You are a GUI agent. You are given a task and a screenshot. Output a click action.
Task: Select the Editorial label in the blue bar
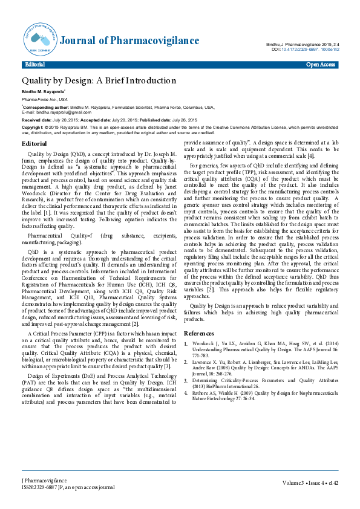pyautogui.click(x=34, y=64)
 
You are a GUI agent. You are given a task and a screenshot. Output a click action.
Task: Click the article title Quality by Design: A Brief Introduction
pyautogui.click(x=99, y=80)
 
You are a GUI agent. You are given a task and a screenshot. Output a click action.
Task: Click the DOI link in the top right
pyautogui.click(x=307, y=50)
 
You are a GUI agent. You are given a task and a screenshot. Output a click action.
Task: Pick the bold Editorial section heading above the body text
pyautogui.click(x=34, y=143)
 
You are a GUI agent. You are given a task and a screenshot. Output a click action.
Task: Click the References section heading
pyautogui.click(x=198, y=333)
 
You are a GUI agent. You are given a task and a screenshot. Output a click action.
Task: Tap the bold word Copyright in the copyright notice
pyautogui.click(x=32, y=128)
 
